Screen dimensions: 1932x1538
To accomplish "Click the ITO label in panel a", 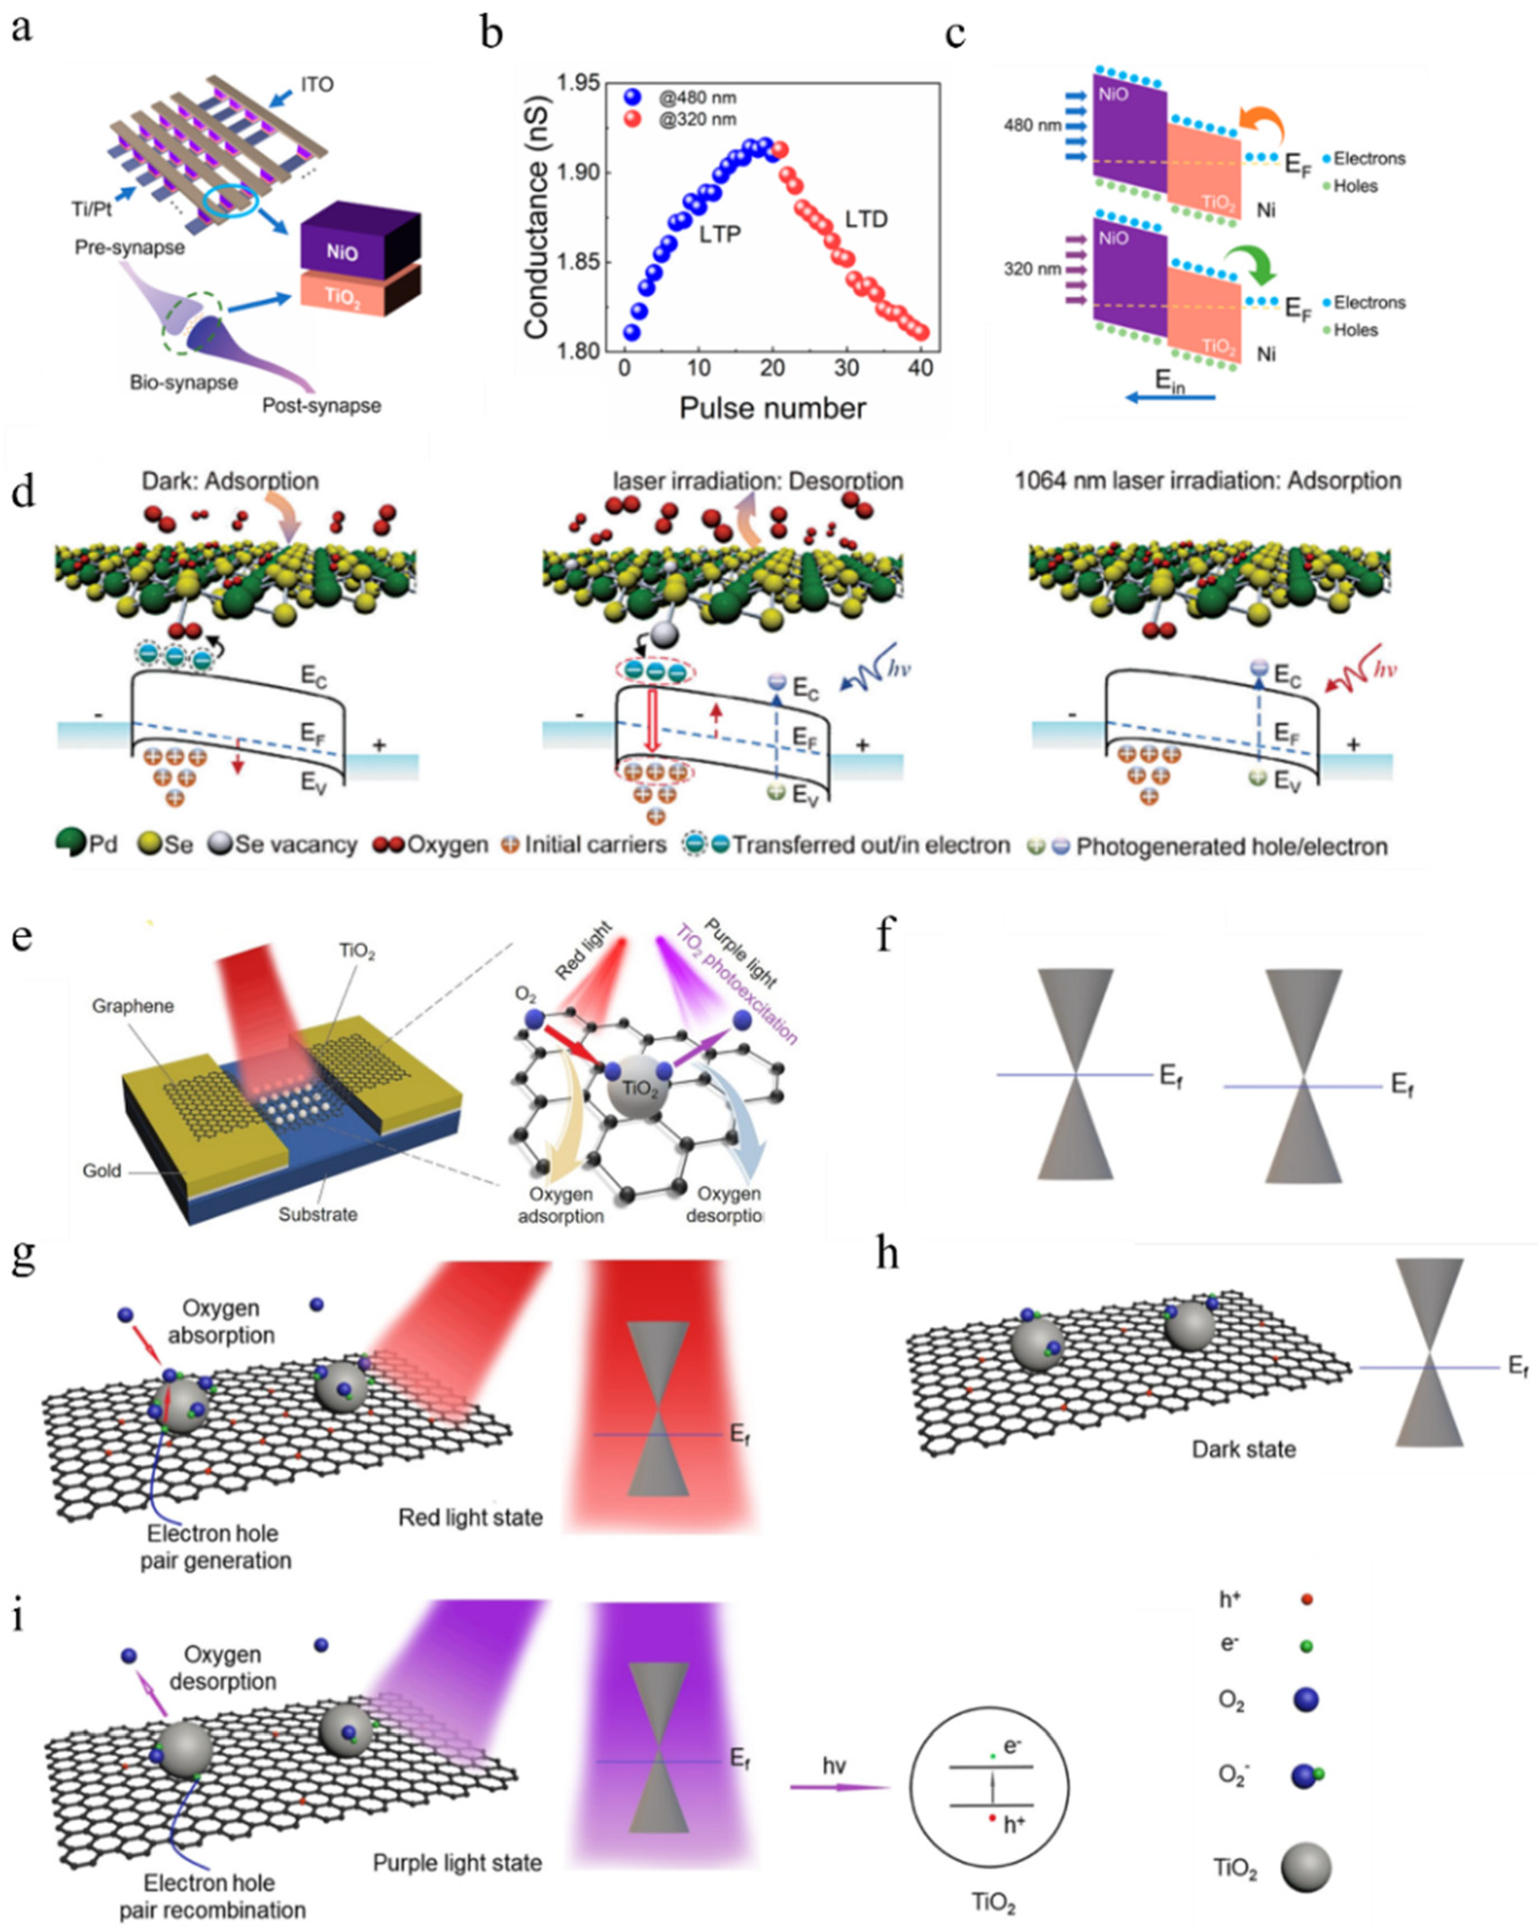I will (x=317, y=85).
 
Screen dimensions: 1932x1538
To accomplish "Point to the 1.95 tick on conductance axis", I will (x=578, y=83).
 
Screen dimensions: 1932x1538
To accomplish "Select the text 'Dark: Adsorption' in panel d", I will (x=230, y=481).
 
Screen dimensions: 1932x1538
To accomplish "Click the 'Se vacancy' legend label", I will (x=295, y=845).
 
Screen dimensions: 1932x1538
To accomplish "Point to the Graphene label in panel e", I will (x=132, y=1007).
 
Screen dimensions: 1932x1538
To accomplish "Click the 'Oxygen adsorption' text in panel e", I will (x=561, y=1205).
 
